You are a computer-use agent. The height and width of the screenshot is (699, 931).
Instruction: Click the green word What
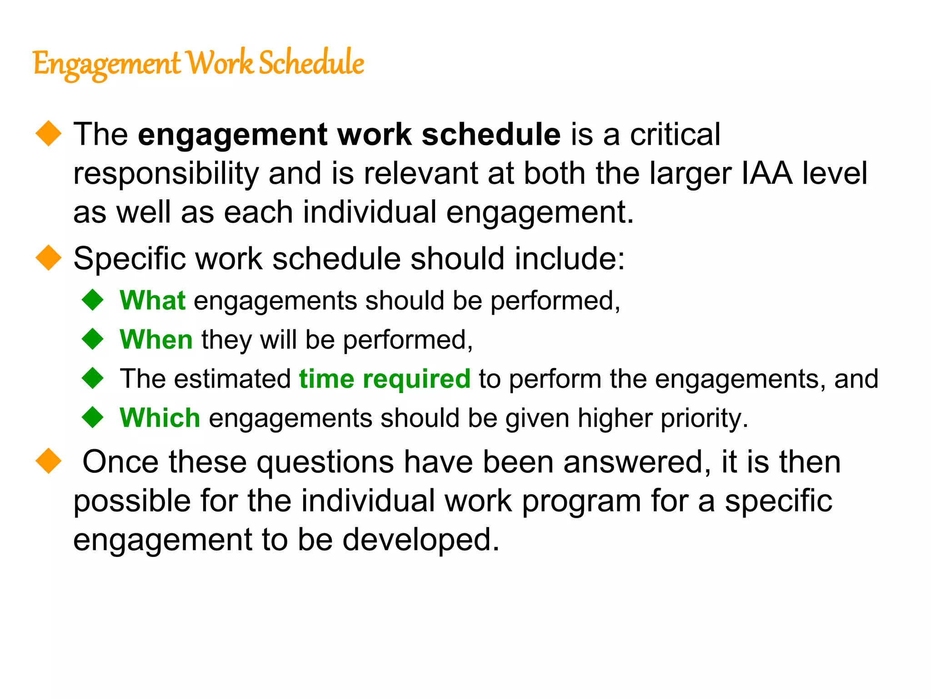coord(152,301)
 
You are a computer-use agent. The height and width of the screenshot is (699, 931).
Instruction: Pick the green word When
coord(156,340)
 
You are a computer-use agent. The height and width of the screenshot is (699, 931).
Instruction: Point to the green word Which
coord(160,418)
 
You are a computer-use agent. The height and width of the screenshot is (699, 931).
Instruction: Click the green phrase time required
coord(385,379)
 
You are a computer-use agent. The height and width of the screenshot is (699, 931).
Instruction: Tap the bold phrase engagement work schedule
coord(349,135)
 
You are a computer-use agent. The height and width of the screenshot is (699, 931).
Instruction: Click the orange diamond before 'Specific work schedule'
coord(48,258)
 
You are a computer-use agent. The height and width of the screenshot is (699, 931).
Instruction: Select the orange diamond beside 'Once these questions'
coord(48,461)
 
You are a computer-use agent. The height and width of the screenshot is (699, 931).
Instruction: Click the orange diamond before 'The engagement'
coord(48,134)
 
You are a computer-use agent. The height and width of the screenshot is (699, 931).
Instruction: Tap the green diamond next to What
coord(93,300)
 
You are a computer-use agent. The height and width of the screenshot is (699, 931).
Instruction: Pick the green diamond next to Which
coord(93,417)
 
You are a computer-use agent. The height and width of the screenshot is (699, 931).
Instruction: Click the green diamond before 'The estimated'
coord(93,378)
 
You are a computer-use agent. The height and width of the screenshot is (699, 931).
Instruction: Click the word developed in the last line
coord(420,540)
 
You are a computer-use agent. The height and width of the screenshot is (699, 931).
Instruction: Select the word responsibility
coord(166,173)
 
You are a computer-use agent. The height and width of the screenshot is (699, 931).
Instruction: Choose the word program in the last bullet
coord(581,501)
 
